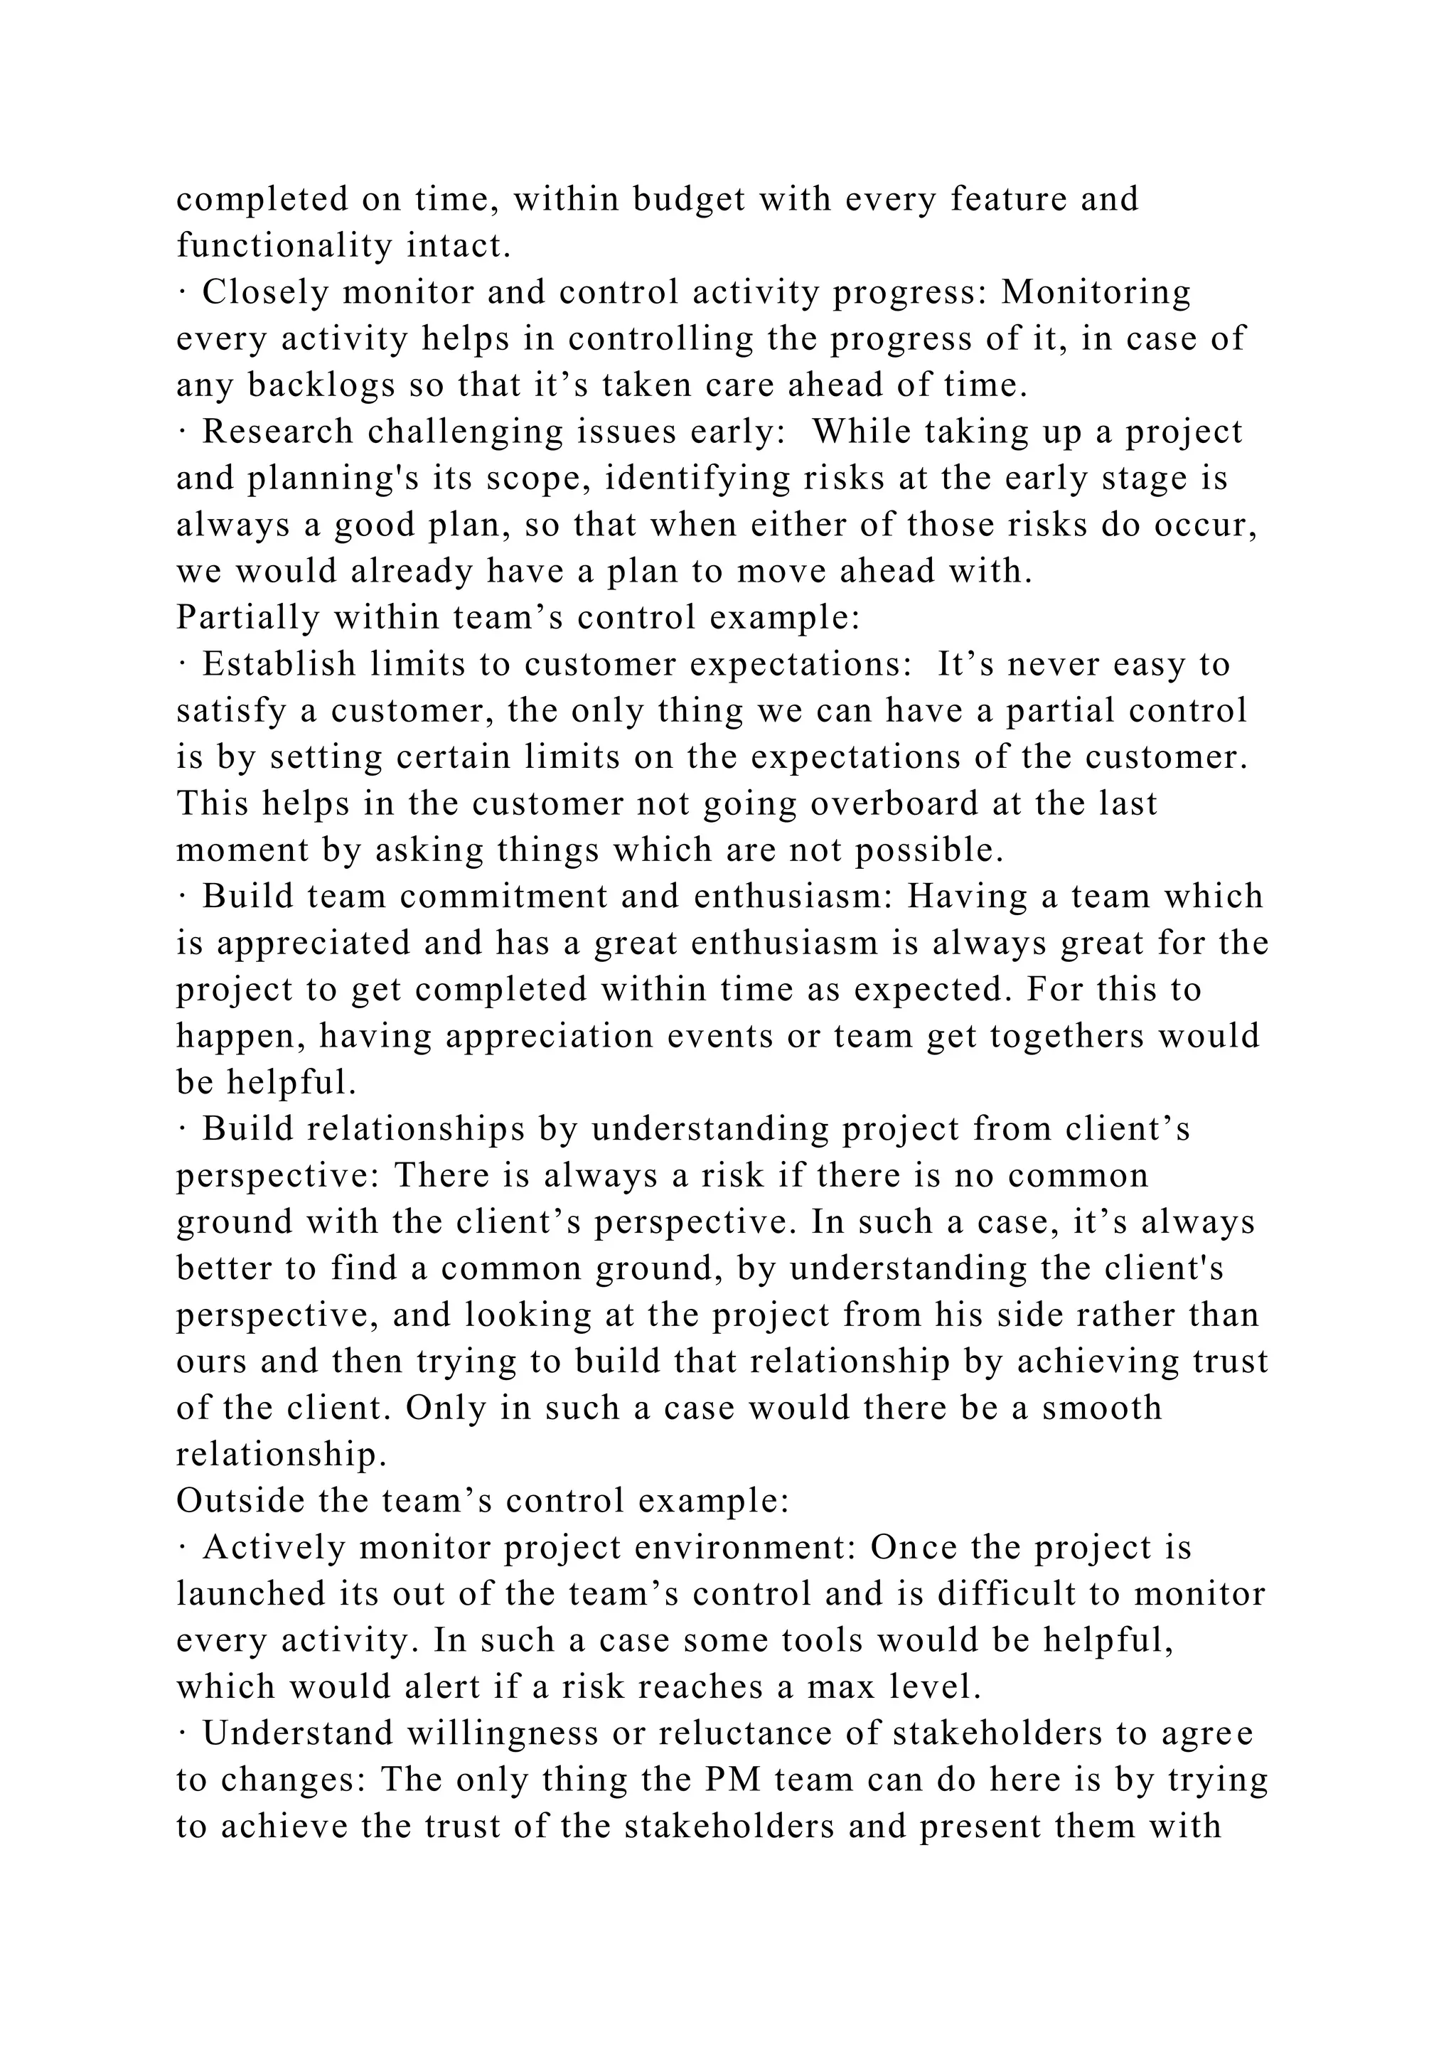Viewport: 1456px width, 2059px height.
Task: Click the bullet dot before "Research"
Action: (x=181, y=432)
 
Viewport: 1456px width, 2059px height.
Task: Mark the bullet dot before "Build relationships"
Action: (x=181, y=1129)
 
